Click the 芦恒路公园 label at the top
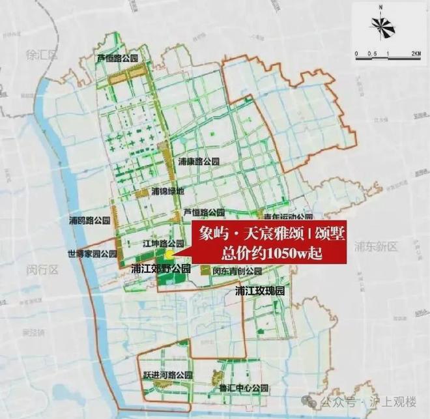[118, 58]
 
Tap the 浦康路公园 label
[199, 160]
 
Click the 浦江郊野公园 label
[160, 268]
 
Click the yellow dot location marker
[169, 254]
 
